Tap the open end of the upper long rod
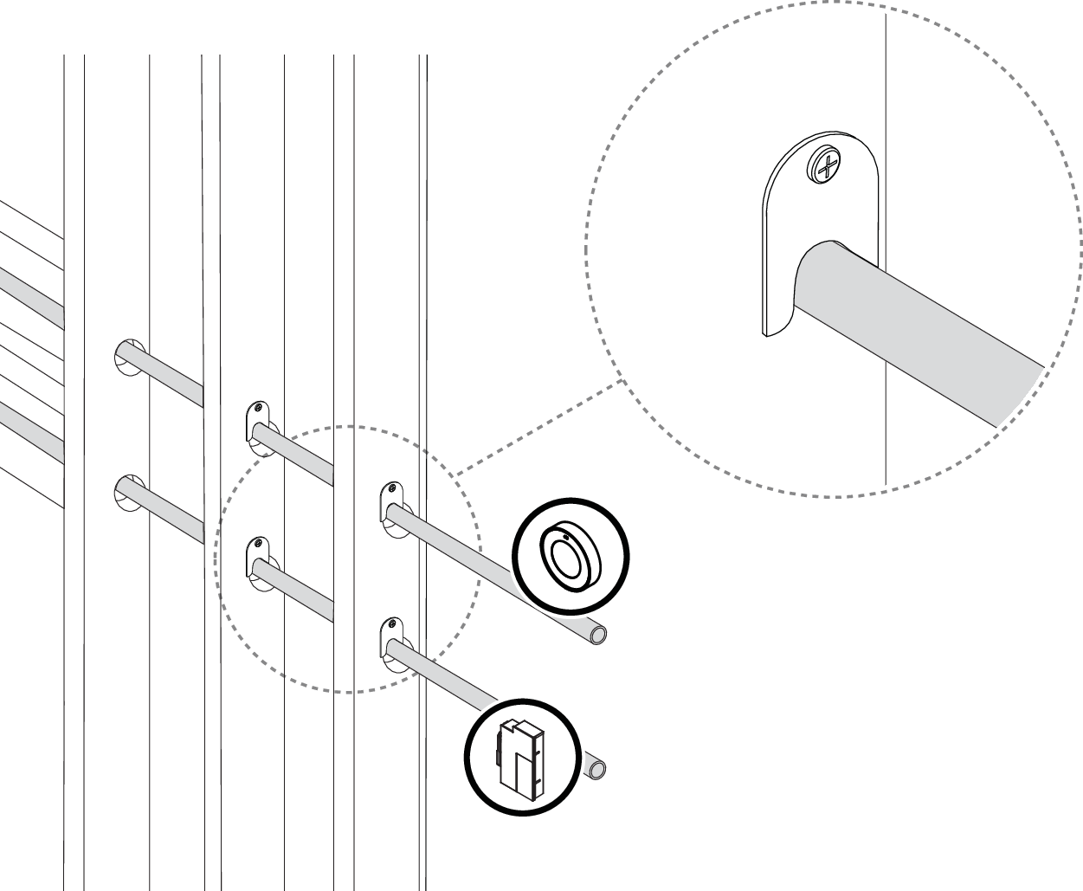click(597, 635)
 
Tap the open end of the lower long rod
click(596, 769)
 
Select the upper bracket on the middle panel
click(258, 427)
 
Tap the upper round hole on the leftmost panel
click(128, 356)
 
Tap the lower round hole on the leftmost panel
click(128, 491)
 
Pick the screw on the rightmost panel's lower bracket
click(392, 623)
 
